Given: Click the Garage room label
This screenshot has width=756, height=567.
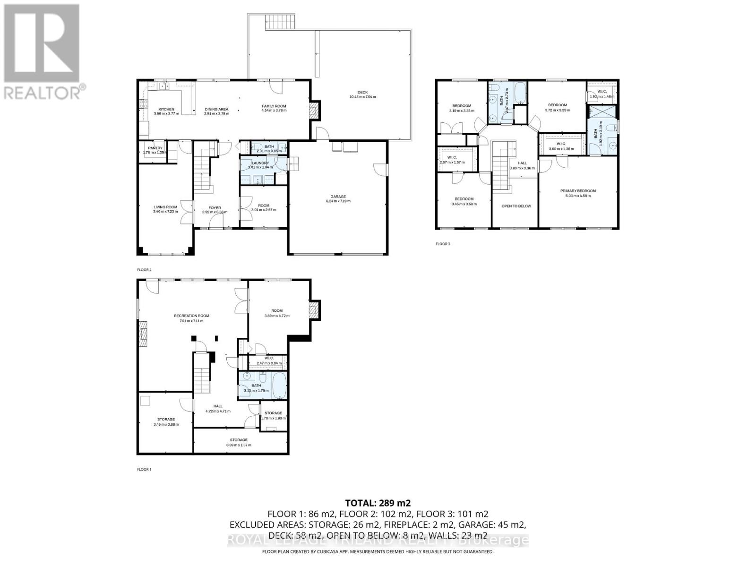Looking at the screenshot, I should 338,197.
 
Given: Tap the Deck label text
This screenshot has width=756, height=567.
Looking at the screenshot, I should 362,93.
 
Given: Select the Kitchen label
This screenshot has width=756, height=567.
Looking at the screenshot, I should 166,110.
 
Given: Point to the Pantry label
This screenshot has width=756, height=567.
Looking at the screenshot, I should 155,148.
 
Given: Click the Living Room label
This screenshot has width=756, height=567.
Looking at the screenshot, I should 165,207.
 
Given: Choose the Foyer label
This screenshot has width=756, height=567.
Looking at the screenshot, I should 215,208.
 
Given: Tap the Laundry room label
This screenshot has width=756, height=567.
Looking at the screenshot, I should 260,163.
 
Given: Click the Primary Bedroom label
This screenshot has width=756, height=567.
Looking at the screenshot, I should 578,191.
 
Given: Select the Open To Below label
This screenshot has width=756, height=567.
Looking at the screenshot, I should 516,206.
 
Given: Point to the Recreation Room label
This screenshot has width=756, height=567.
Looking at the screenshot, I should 191,316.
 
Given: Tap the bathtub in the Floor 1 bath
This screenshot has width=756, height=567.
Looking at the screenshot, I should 279,385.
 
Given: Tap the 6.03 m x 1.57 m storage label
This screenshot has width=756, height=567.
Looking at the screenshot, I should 239,440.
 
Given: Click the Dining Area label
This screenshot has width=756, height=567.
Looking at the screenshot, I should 216,110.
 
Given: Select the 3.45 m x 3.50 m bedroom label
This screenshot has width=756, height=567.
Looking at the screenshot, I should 464,199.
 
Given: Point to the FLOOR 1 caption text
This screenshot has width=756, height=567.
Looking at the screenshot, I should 144,469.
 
